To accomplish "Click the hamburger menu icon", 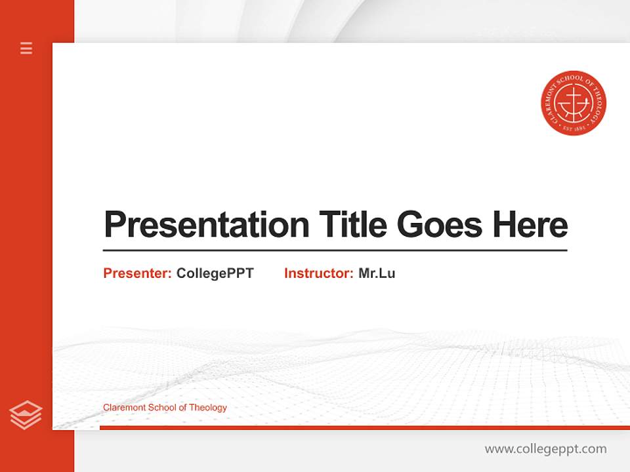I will (x=26, y=48).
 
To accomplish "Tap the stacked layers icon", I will (x=26, y=415).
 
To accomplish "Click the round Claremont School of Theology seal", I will (x=574, y=103).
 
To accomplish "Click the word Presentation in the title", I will (x=206, y=225).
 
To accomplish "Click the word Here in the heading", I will (x=530, y=225).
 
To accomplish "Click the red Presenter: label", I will (x=137, y=273).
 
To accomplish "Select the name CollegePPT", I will (x=215, y=273).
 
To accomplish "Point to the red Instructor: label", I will (x=318, y=273).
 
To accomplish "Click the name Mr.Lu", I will (x=377, y=273).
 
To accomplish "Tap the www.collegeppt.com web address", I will (x=545, y=449).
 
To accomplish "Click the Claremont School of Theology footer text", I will (x=165, y=408).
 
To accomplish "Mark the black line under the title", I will (x=335, y=250).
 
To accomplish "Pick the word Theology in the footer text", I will (x=208, y=408).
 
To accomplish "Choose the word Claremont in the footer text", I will (x=124, y=408).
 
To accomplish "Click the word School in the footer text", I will (x=162, y=408).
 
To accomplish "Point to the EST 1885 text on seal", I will (x=574, y=130).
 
